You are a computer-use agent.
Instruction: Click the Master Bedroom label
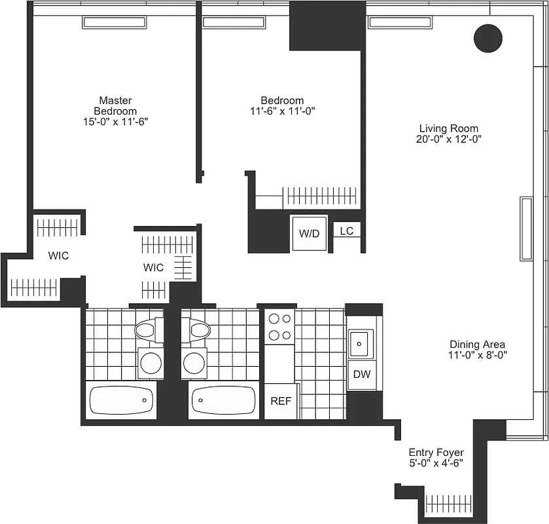click(x=115, y=105)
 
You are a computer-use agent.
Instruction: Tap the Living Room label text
click(x=448, y=128)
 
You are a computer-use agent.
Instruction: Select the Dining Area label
click(x=477, y=345)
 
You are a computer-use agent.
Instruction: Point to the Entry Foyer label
click(x=436, y=453)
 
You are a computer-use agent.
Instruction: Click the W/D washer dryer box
click(x=309, y=233)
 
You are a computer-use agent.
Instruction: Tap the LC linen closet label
click(x=346, y=231)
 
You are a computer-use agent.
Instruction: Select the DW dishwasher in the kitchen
click(x=361, y=375)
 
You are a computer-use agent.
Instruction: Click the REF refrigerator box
click(x=281, y=401)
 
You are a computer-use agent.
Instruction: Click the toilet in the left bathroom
click(x=149, y=329)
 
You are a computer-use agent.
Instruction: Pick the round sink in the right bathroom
click(x=194, y=362)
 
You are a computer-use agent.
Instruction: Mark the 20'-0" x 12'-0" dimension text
click(x=448, y=139)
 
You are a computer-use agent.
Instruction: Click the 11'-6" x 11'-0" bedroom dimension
click(x=282, y=111)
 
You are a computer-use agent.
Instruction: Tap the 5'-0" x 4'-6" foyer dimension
click(x=436, y=463)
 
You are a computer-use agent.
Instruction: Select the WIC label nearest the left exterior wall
click(x=58, y=255)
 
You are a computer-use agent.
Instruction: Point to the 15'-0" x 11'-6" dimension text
click(x=115, y=121)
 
